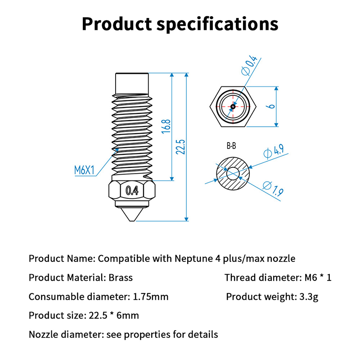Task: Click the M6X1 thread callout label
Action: (x=84, y=170)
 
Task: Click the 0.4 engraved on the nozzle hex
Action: (x=132, y=190)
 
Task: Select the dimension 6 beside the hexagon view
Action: (x=270, y=106)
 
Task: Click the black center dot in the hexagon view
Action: (x=233, y=107)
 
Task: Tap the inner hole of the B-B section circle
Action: (x=233, y=172)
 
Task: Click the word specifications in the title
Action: (x=218, y=24)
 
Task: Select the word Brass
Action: (x=121, y=277)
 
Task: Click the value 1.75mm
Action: (x=151, y=297)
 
